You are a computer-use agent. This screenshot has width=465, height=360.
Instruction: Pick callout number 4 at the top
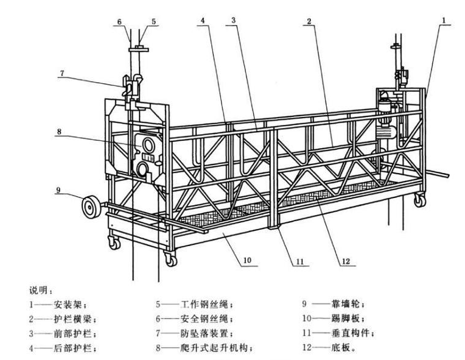pyautogui.click(x=201, y=20)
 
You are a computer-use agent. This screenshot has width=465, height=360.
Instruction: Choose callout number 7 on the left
pyautogui.click(x=61, y=73)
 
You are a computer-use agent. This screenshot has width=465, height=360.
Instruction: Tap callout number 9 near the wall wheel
pyautogui.click(x=58, y=189)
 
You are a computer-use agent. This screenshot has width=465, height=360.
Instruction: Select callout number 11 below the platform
pyautogui.click(x=299, y=262)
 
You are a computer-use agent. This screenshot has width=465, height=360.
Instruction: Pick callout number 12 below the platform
pyautogui.click(x=346, y=262)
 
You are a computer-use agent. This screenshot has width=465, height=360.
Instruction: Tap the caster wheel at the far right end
pyautogui.click(x=419, y=200)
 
